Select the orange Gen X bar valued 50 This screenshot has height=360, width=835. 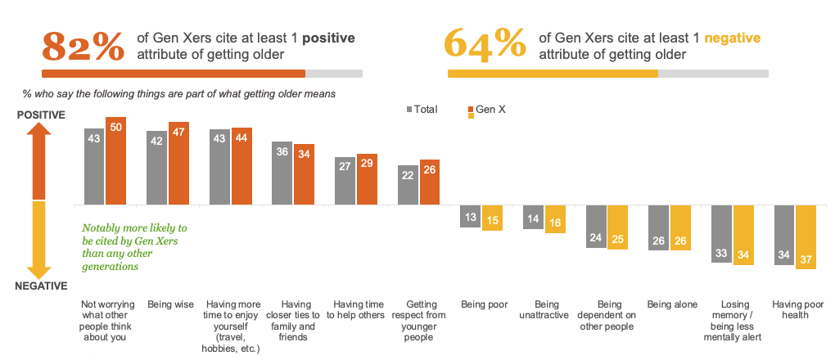[115, 160]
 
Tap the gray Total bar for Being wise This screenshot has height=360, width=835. [157, 168]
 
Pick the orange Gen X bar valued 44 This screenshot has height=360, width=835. [241, 166]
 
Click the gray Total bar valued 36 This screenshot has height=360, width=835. [282, 173]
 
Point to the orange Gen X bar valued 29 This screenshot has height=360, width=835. [367, 179]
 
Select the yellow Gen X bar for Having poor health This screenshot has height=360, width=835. [806, 238]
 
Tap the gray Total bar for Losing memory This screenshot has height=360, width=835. [722, 233]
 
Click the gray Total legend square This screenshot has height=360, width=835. [409, 109]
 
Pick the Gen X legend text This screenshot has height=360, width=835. [491, 109]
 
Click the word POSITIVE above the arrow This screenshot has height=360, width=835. [41, 115]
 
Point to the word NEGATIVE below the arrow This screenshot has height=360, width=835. [40, 286]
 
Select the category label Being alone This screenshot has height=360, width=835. [670, 304]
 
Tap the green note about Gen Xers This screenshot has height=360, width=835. [134, 247]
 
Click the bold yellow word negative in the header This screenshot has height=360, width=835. [733, 38]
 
